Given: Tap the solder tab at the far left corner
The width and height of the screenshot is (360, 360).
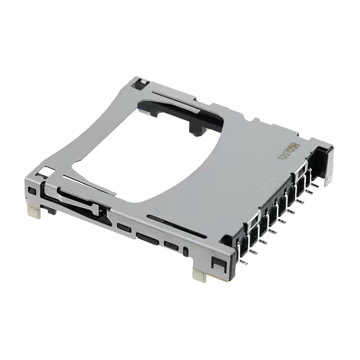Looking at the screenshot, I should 33,211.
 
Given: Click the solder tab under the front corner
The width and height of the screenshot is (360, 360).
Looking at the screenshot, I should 199,274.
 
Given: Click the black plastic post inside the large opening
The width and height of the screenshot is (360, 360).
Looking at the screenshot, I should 194,129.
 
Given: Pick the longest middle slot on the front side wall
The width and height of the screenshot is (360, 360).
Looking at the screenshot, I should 148,238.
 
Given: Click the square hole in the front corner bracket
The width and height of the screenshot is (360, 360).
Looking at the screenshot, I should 215,262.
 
